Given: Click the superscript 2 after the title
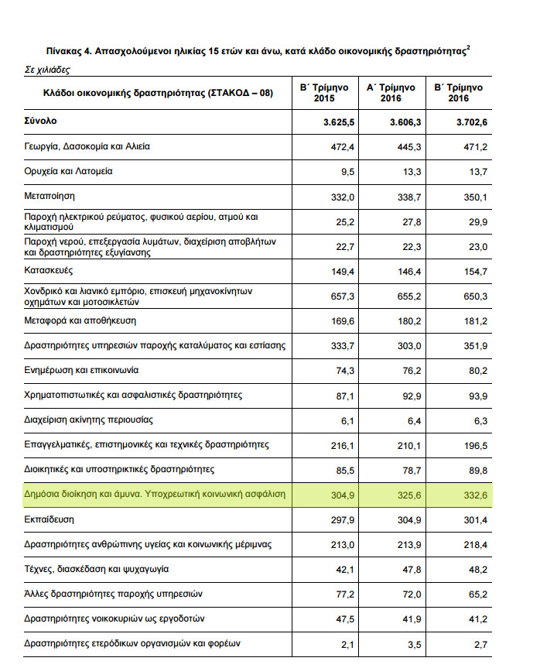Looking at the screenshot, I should [x=468, y=47].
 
